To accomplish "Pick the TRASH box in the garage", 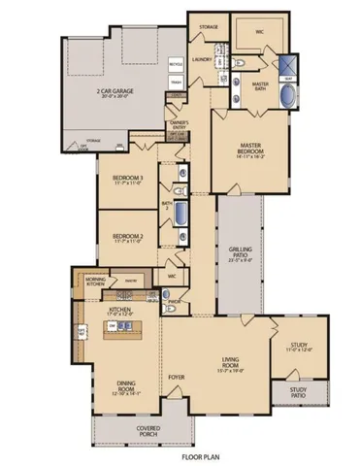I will [175, 83].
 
